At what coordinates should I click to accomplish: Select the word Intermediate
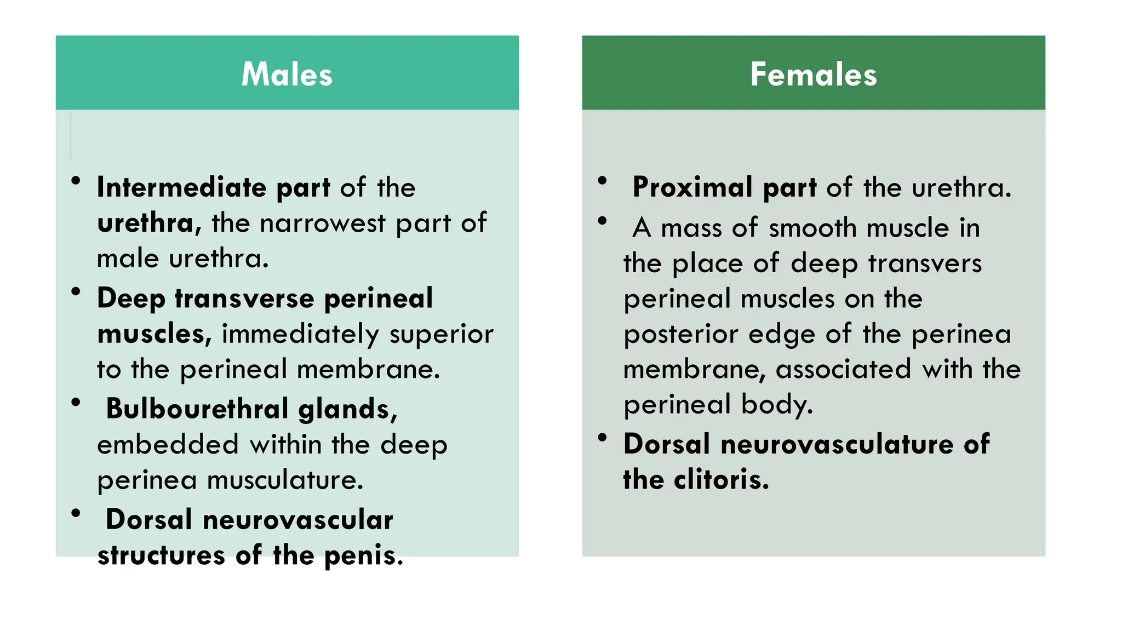(x=181, y=187)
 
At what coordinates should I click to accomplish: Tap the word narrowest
(x=323, y=223)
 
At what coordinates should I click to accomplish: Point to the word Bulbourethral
(x=197, y=409)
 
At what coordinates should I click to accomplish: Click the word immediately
(x=300, y=334)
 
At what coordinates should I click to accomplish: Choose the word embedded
(x=168, y=444)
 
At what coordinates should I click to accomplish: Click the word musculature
(x=285, y=480)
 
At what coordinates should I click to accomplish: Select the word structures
(x=161, y=555)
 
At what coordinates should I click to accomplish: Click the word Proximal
(x=692, y=187)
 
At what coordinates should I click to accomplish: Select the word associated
(x=844, y=369)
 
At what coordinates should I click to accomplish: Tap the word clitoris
(x=722, y=480)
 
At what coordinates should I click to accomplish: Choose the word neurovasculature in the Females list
(x=837, y=444)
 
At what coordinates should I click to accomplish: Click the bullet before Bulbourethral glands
(x=76, y=403)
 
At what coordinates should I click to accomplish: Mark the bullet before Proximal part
(x=603, y=181)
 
